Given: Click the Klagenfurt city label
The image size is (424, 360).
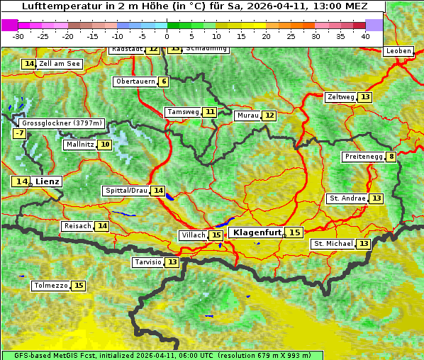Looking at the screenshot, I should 257,232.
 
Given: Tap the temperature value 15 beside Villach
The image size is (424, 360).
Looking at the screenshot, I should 216,235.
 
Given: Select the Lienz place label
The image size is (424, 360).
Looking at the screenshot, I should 48,181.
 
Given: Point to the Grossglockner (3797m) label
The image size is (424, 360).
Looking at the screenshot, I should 62,123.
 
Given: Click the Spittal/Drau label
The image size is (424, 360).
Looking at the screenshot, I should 126,191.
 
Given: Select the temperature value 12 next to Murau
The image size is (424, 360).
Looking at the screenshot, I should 269,116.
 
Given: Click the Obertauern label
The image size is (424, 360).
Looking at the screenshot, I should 135,81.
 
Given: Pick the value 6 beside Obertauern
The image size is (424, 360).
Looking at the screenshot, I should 164,81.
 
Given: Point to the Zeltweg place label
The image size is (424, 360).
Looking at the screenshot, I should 340,97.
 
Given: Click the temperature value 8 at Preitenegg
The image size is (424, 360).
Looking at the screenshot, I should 391,157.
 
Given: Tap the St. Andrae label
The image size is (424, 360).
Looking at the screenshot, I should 347,198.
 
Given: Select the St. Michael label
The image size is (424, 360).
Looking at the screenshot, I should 333,244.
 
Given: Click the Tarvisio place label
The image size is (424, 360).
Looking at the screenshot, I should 147,262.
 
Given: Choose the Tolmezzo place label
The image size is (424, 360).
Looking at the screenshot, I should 50,286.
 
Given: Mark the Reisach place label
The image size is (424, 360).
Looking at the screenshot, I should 77,226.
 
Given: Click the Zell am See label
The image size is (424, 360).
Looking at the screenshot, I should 60,64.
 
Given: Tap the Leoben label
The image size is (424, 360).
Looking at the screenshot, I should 398,51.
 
